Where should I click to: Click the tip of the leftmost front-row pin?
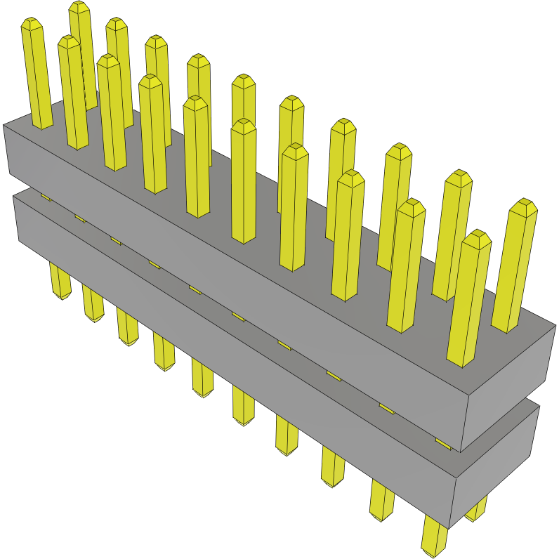[32, 24]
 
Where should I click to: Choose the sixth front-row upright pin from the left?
[243, 183]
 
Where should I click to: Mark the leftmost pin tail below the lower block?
[60, 281]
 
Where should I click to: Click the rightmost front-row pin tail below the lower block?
[434, 537]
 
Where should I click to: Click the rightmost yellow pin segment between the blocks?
[442, 443]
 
